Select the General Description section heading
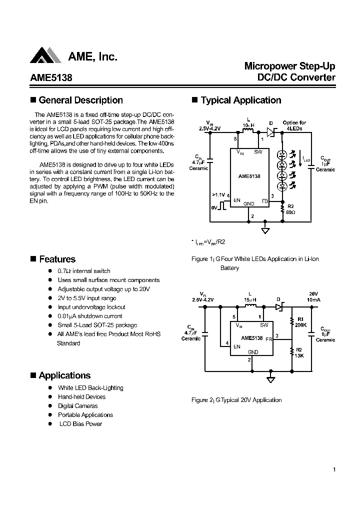click(x=80, y=100)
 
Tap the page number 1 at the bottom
click(x=333, y=469)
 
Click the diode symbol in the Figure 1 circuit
click(x=270, y=132)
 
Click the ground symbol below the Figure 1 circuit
click(x=265, y=230)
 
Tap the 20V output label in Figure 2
click(x=313, y=293)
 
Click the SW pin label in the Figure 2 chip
click(x=264, y=325)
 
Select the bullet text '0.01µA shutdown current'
click(x=89, y=316)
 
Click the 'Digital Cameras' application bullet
click(x=77, y=406)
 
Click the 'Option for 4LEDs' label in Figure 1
click(x=294, y=125)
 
